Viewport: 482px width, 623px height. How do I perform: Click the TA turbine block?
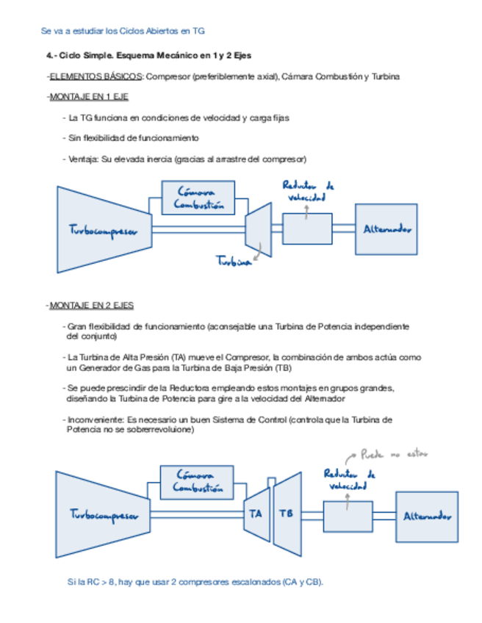click(256, 514)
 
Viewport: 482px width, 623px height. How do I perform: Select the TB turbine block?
click(286, 514)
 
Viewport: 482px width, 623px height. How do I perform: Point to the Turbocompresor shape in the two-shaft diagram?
click(103, 514)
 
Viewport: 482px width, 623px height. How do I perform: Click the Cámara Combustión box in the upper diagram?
click(198, 198)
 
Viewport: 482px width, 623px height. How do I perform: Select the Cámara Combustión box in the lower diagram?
click(198, 480)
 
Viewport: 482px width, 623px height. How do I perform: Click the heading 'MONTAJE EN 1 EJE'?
click(89, 96)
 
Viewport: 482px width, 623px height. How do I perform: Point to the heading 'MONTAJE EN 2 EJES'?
click(91, 305)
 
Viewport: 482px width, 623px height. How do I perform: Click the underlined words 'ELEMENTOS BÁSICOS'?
click(96, 76)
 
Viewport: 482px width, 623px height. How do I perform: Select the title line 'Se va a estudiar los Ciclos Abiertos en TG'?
click(123, 31)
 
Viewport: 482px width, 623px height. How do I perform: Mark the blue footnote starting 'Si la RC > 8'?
click(195, 582)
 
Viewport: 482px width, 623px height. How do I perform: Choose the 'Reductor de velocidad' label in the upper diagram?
click(308, 192)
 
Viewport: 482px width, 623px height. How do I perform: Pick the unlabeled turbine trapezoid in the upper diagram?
click(257, 228)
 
